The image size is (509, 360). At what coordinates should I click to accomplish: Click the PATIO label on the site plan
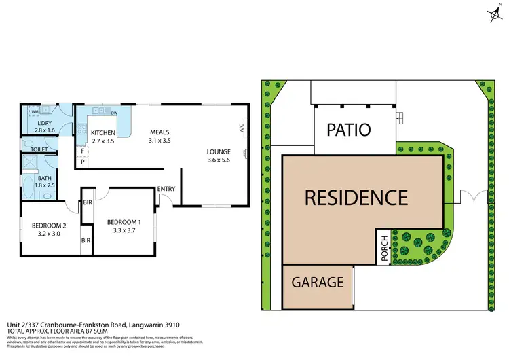click(350, 130)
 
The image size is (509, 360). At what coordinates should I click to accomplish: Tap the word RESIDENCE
click(356, 198)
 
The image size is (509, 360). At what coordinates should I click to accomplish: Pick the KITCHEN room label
click(104, 132)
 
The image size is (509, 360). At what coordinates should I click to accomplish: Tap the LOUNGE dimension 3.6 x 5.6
click(219, 160)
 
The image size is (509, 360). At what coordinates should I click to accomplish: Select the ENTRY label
click(166, 189)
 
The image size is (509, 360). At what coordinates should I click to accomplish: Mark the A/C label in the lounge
click(242, 126)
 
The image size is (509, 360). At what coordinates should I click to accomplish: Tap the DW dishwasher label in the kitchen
click(114, 113)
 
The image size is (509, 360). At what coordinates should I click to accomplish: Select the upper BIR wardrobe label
click(87, 202)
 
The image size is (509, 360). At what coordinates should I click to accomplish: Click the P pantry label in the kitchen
click(82, 162)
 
